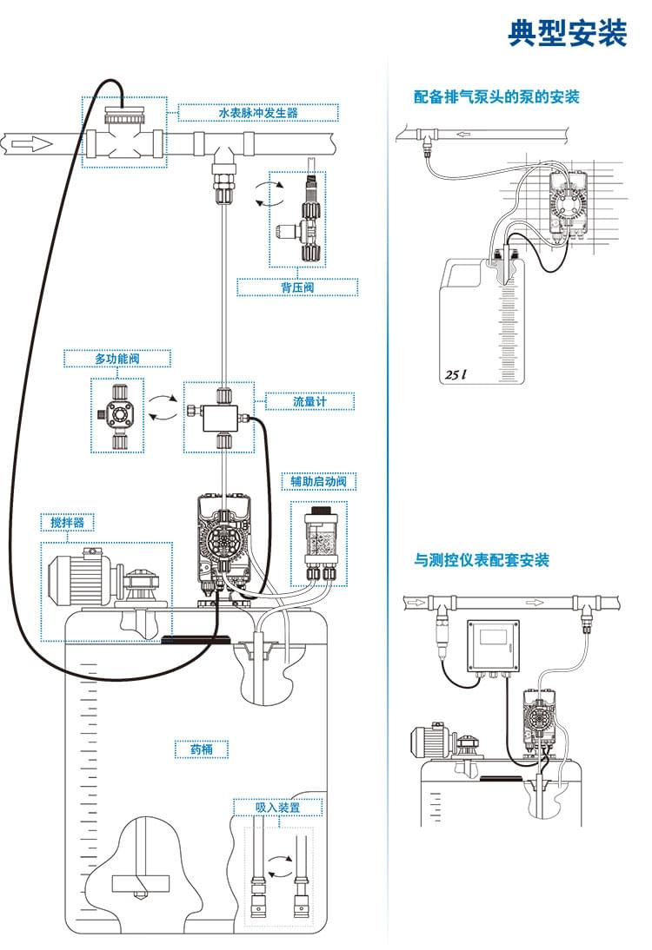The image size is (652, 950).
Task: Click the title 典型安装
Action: pos(568,33)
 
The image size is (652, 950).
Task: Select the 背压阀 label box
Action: pos(297,287)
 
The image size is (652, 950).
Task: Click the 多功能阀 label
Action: pos(117,359)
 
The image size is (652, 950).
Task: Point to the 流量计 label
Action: pos(309,401)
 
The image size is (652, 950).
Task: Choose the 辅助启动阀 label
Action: pos(318,481)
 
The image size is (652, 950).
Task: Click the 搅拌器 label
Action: pos(68,522)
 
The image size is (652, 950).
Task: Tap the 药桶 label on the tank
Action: pos(202,749)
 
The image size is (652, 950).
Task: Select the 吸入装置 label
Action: pos(277,807)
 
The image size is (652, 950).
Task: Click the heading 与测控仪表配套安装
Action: pos(481,560)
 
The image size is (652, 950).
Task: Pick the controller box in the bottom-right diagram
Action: pos(492,647)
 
